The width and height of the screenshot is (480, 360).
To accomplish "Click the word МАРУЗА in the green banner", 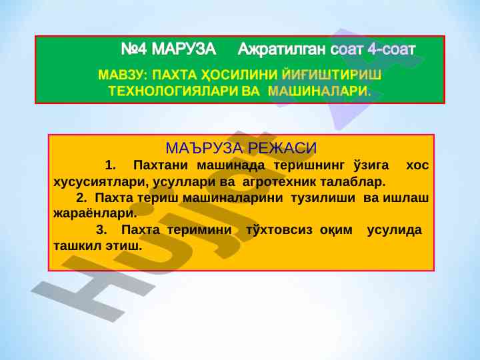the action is [184, 49].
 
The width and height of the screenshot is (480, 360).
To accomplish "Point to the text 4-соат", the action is [391, 49].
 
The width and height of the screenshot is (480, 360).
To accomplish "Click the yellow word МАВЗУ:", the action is [123, 75].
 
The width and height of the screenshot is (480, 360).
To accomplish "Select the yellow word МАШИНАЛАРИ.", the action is [319, 91].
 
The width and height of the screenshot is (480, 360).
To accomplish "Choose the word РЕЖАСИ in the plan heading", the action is [282, 148].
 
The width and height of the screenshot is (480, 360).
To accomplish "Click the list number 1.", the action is [110, 165].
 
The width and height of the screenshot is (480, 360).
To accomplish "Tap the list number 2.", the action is [81, 198].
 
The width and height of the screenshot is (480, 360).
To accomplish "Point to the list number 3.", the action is [101, 229].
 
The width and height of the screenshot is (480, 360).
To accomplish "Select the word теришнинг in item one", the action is [309, 165].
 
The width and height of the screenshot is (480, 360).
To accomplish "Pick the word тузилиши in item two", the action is [323, 198].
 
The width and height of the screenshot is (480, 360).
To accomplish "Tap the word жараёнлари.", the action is [95, 213].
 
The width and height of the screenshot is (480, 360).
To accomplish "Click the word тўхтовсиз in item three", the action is [279, 229].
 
